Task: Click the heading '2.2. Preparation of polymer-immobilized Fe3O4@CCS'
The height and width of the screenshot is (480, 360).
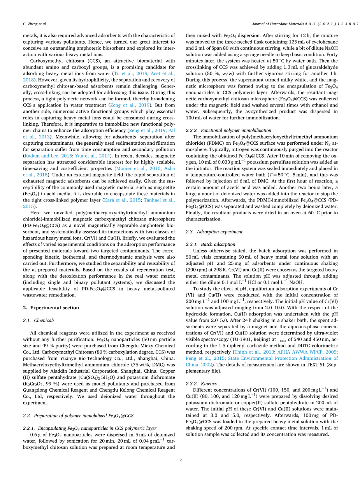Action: (x=78, y=415)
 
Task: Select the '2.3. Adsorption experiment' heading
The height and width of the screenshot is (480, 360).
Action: (x=214, y=232)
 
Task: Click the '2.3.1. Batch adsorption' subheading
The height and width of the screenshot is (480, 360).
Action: (x=210, y=245)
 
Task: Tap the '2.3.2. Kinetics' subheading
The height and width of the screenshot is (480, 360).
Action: (x=202, y=384)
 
